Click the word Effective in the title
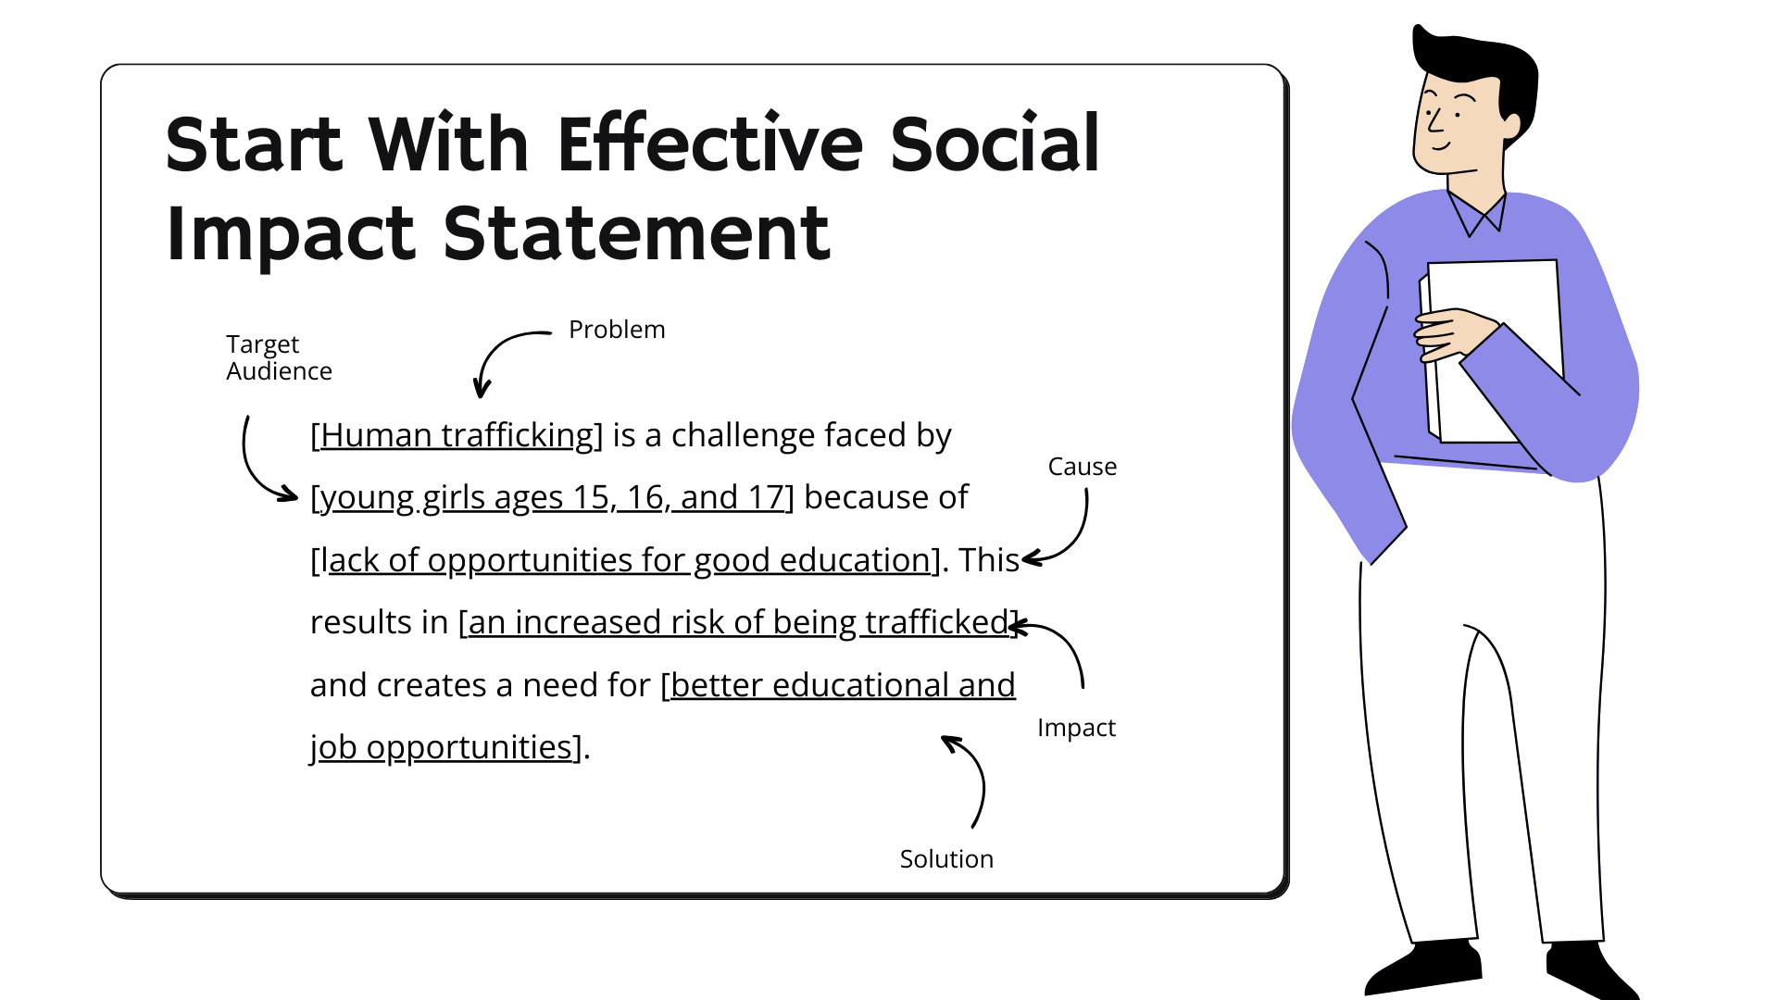pos(710,144)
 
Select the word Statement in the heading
pos(636,233)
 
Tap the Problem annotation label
pos(617,330)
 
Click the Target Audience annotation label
pos(278,357)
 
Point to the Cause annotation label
pos(1082,467)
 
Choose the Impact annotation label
pos(1076,728)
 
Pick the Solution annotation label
pos(946,859)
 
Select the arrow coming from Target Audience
pos(255,468)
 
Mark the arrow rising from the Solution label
pos(972,778)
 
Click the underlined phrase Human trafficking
pos(457,435)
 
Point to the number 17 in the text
pos(766,497)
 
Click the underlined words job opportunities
pos(442,747)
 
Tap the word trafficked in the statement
pos(936,622)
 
